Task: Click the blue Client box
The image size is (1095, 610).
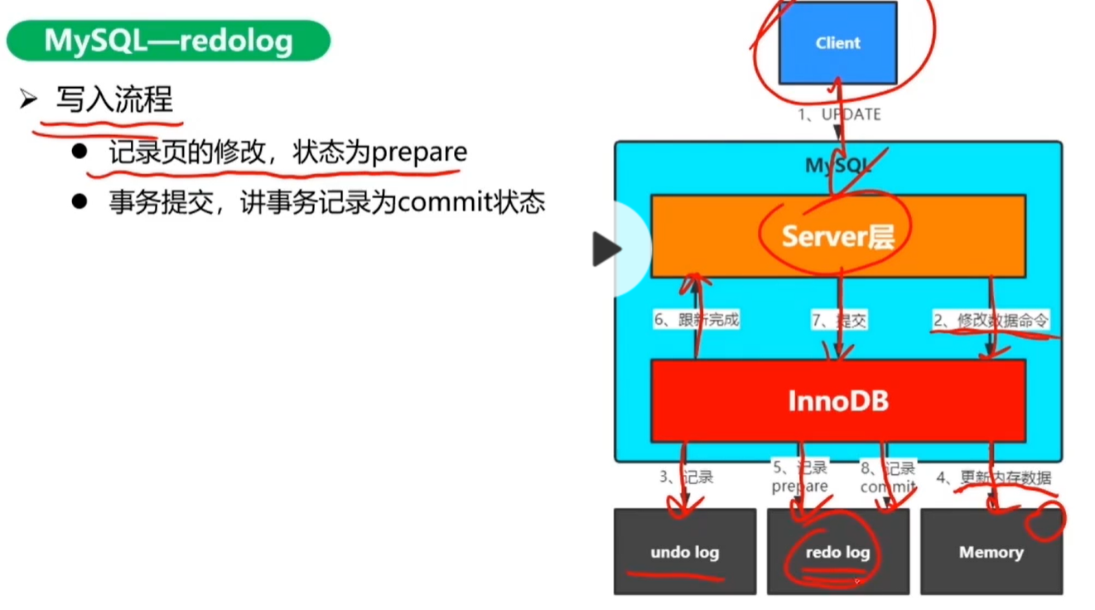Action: (x=837, y=43)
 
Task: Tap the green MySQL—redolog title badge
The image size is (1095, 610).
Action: (x=168, y=41)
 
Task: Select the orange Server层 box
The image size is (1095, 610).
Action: (x=837, y=236)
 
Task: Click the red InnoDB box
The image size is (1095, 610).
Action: (x=837, y=400)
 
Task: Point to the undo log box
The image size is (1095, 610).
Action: (x=684, y=552)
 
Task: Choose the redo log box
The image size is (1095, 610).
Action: (x=837, y=552)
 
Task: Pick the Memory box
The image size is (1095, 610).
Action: (x=991, y=552)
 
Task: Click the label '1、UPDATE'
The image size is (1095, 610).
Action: (x=839, y=114)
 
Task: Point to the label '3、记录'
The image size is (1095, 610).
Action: (x=686, y=477)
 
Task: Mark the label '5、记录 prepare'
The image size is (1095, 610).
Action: (x=799, y=477)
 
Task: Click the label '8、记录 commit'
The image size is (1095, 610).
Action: (x=888, y=477)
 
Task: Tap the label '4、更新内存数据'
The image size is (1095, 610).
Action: (x=994, y=477)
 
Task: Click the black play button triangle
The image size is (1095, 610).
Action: (x=606, y=249)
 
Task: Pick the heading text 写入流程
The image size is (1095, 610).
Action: (x=114, y=100)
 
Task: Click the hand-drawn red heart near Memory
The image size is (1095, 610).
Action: (x=1044, y=522)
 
